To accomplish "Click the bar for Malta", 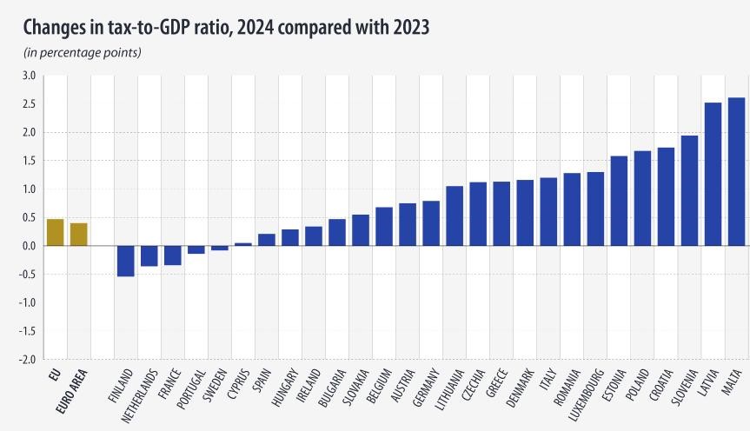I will point(735,171).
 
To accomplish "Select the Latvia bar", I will point(713,174).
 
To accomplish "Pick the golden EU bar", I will point(55,232).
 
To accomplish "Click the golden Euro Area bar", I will point(78,235).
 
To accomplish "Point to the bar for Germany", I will point(431,223).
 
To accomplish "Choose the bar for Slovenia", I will point(689,190).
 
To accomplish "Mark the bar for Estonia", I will point(619,201).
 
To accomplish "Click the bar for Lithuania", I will point(455,215).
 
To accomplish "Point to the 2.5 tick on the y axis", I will point(28,104).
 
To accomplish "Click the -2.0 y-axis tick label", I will point(26,359).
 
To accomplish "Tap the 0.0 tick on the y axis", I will point(28,246).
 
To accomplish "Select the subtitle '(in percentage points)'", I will point(83,53).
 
